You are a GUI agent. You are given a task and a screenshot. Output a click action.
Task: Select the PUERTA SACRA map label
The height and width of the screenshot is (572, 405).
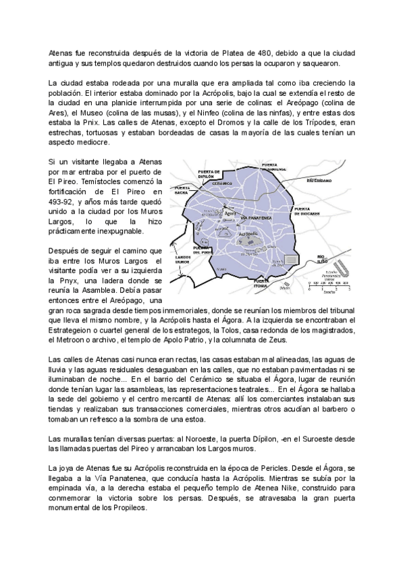pos(183,190)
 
